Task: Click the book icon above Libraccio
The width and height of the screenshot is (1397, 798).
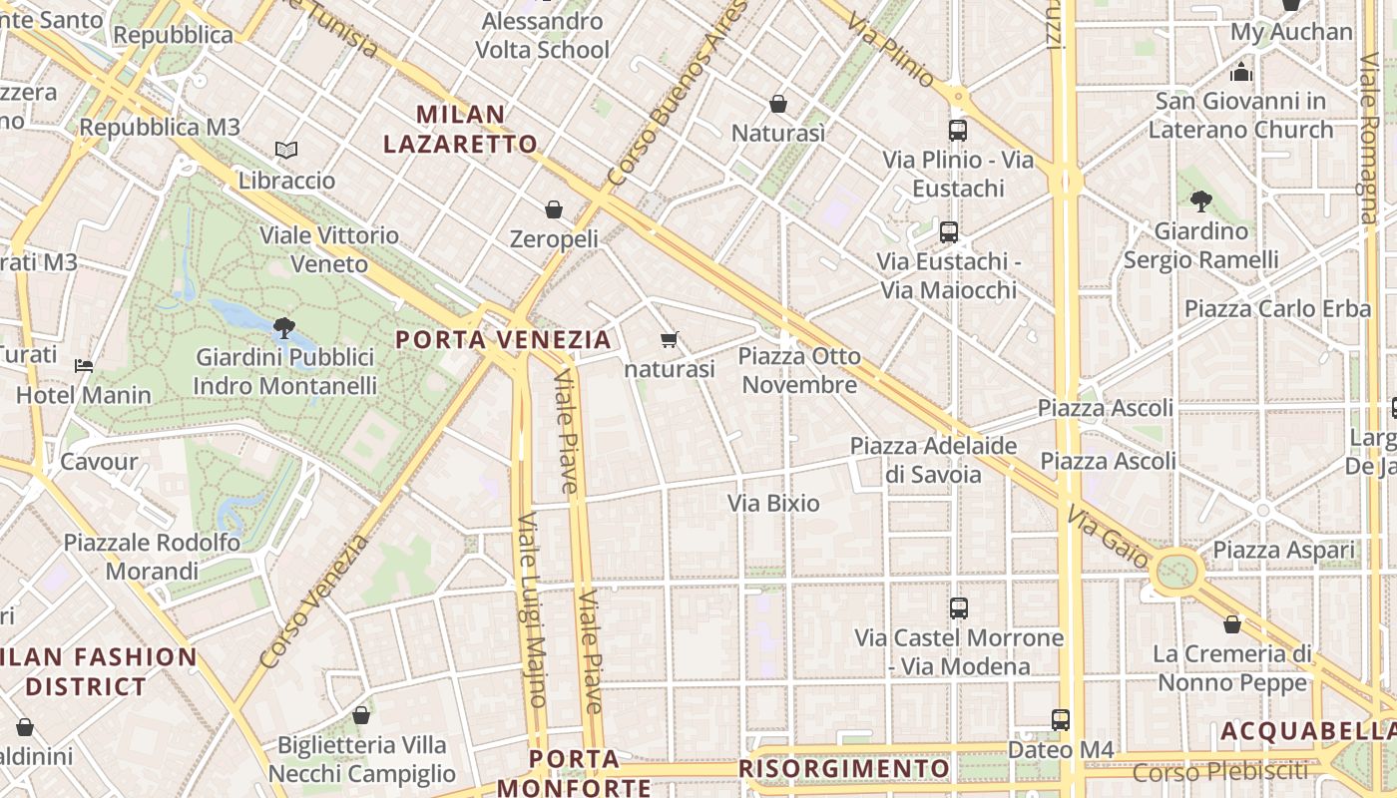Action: (x=286, y=150)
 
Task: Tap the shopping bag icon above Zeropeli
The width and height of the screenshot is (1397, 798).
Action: (x=554, y=209)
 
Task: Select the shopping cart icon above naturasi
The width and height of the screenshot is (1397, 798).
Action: (x=670, y=339)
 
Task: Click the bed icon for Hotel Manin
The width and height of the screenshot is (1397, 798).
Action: (x=84, y=365)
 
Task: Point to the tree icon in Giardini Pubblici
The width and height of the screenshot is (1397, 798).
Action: (x=284, y=326)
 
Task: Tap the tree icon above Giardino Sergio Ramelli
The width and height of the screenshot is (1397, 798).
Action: (x=1200, y=201)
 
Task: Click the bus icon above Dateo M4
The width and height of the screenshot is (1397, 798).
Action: (x=1060, y=719)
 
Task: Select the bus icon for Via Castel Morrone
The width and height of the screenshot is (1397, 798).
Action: (x=958, y=607)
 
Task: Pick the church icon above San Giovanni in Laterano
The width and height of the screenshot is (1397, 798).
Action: (x=1241, y=72)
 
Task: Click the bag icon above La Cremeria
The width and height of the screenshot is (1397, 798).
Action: (x=1232, y=624)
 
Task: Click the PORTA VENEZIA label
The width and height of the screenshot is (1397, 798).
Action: (x=503, y=339)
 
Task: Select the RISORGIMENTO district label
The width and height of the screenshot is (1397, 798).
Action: (x=844, y=769)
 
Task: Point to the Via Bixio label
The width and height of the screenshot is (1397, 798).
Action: (x=773, y=503)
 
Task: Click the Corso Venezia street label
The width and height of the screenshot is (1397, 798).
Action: (x=314, y=601)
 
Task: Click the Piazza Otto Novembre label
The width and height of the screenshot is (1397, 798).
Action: (x=799, y=370)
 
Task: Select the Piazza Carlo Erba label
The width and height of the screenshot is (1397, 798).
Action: (x=1277, y=308)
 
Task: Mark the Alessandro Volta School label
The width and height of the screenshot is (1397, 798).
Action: (x=542, y=35)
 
